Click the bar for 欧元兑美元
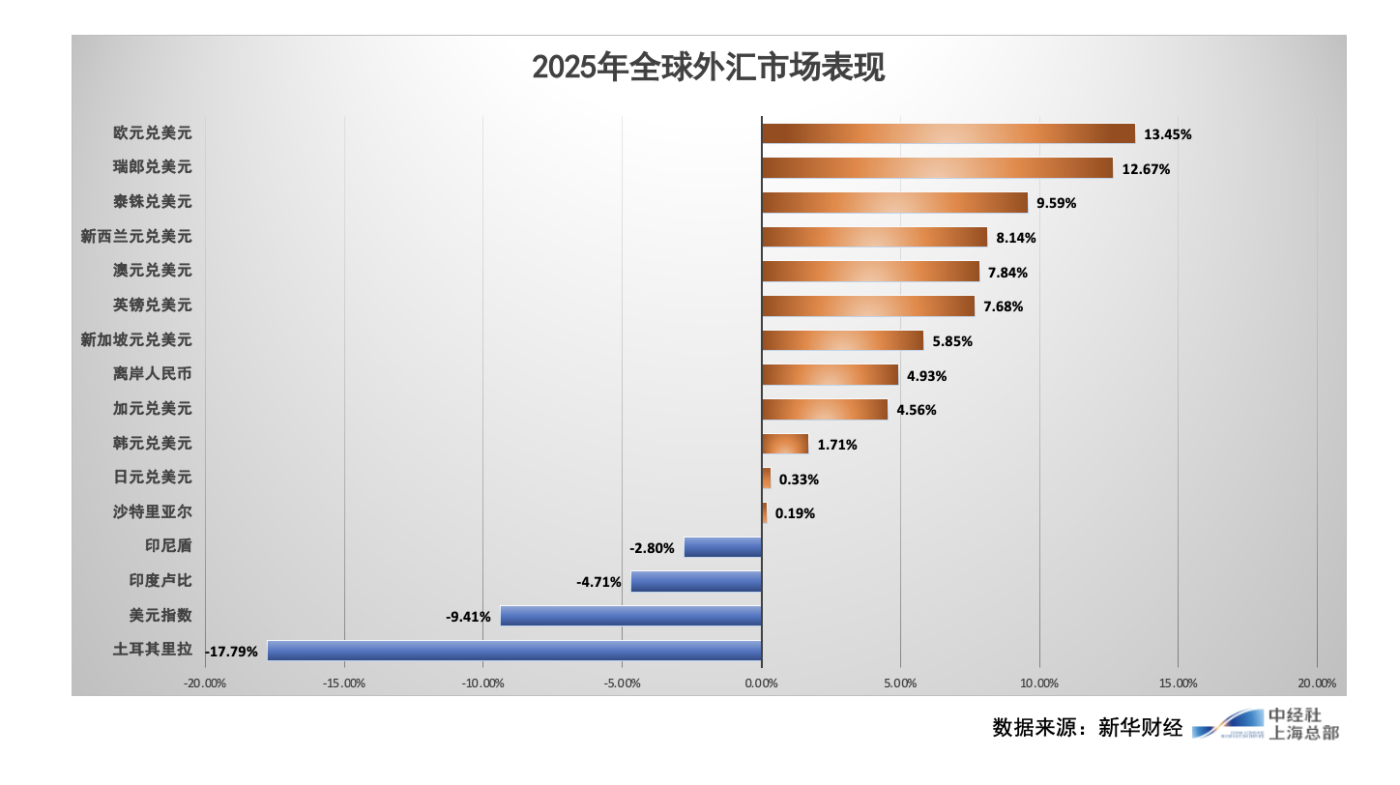click(948, 133)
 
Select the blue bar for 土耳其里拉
click(514, 651)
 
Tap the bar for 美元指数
click(630, 616)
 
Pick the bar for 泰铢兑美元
click(894, 203)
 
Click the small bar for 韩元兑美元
click(785, 444)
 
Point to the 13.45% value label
click(1167, 134)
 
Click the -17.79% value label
click(232, 652)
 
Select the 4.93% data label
click(926, 376)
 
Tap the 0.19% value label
click(795, 513)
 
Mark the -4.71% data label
click(598, 582)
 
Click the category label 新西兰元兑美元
click(136, 236)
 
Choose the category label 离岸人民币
click(152, 374)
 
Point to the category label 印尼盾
click(168, 546)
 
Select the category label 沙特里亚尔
click(152, 511)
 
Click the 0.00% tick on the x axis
click(761, 683)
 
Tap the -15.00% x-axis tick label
click(344, 683)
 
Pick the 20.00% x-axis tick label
click(1316, 683)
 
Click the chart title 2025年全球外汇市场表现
click(709, 68)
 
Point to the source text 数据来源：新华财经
click(1087, 727)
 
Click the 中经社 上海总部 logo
click(1267, 724)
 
